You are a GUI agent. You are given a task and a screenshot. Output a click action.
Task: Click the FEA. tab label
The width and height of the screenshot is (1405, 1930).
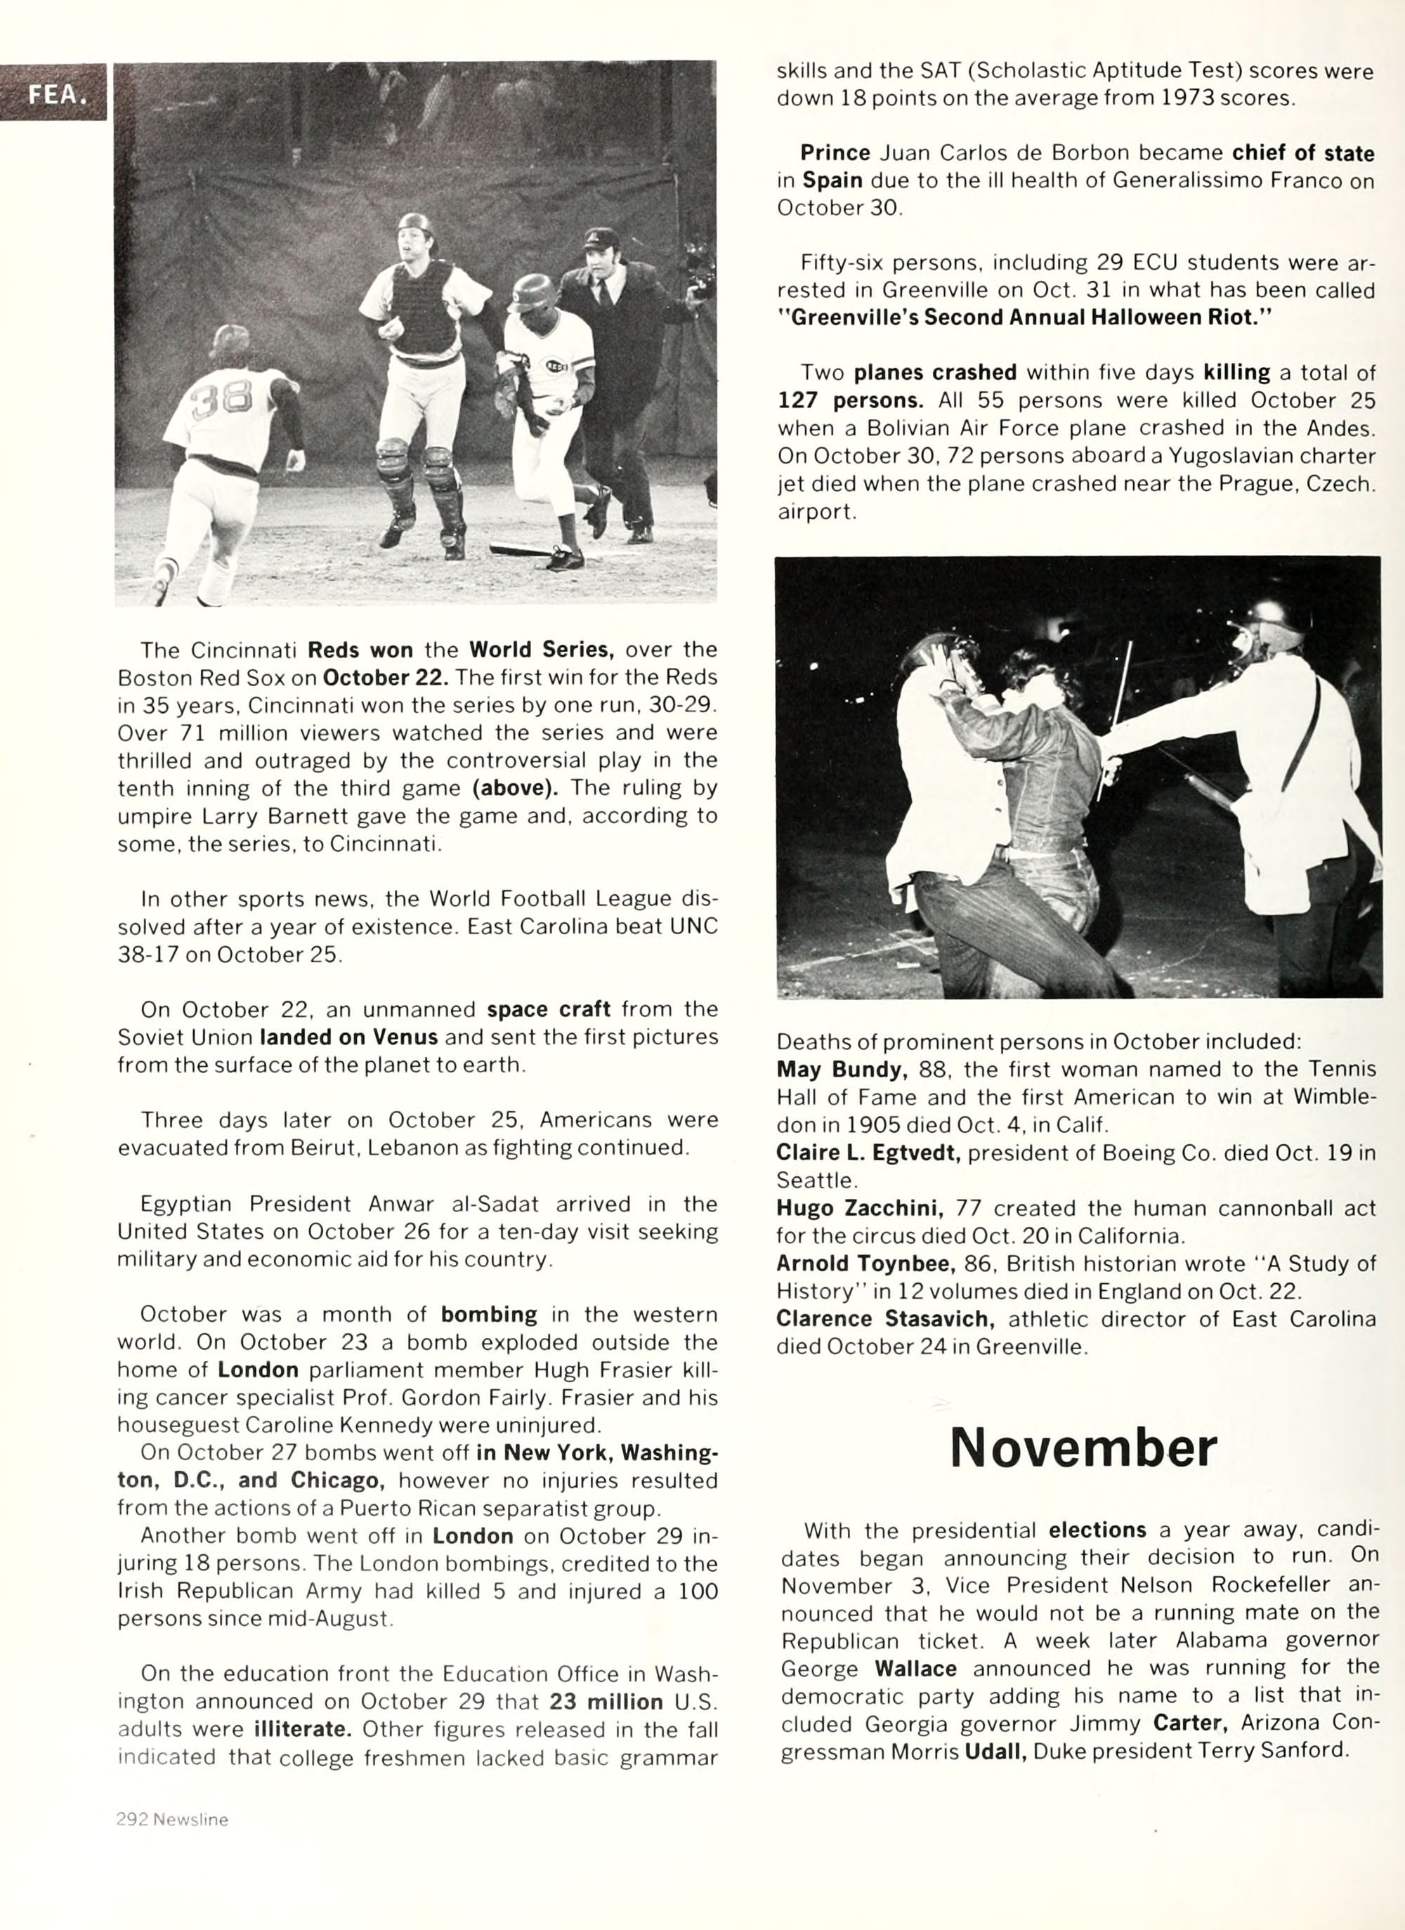point(56,93)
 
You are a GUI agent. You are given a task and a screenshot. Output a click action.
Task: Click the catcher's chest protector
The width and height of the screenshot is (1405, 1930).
point(423,310)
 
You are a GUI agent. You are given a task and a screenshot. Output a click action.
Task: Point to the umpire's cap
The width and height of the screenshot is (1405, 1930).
point(601,237)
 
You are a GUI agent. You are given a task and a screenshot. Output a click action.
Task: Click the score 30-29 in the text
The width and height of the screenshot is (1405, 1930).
point(684,704)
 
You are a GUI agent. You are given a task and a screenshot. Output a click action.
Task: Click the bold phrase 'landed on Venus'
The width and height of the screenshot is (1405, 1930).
point(349,1037)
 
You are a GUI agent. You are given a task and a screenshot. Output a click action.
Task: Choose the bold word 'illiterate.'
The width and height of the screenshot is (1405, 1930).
point(303,1729)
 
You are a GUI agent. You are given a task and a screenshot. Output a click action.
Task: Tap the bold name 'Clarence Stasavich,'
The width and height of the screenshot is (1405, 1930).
point(886,1319)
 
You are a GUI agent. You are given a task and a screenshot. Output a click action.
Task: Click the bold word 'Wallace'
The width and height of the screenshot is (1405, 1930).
point(915,1669)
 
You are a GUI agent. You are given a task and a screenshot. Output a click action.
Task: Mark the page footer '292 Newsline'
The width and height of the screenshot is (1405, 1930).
point(172,1819)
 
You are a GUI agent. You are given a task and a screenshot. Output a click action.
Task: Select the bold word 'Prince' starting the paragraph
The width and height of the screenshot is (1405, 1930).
point(835,153)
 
